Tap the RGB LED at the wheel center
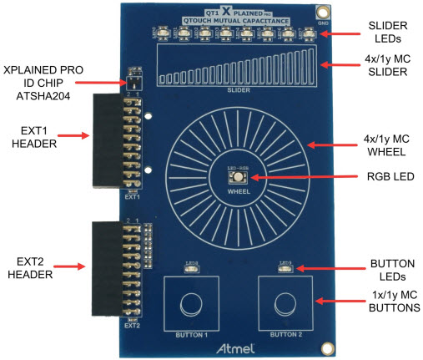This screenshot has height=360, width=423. click(x=237, y=177)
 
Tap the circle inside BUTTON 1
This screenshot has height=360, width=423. click(x=192, y=303)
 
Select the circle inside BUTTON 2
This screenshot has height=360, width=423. click(x=285, y=303)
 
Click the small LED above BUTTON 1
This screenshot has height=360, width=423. click(x=191, y=267)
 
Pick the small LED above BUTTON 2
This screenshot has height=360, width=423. click(x=285, y=267)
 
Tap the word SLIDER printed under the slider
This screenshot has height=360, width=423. click(x=239, y=89)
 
